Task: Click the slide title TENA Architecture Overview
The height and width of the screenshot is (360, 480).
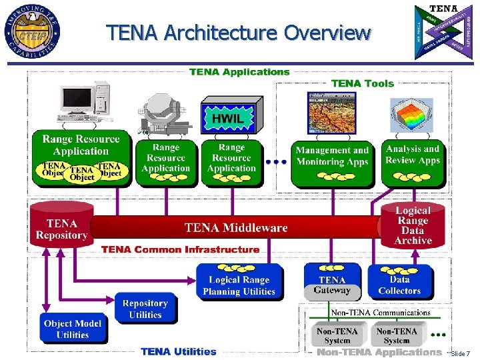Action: (239, 32)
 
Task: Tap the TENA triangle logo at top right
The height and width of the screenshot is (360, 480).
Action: (443, 31)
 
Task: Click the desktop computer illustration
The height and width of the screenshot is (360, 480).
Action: (81, 107)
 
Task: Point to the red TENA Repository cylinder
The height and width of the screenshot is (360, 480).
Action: (61, 225)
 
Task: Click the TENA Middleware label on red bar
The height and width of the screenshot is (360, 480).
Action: (236, 228)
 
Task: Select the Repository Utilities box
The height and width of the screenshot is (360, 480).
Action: (145, 309)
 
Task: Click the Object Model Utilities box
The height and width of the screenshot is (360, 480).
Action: (73, 328)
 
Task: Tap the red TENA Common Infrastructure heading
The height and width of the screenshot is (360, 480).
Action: (180, 249)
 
